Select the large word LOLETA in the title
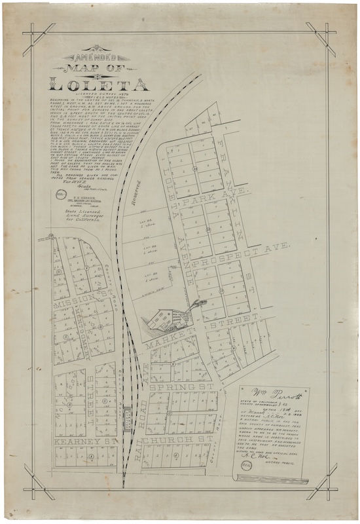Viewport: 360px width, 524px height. click(x=98, y=84)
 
